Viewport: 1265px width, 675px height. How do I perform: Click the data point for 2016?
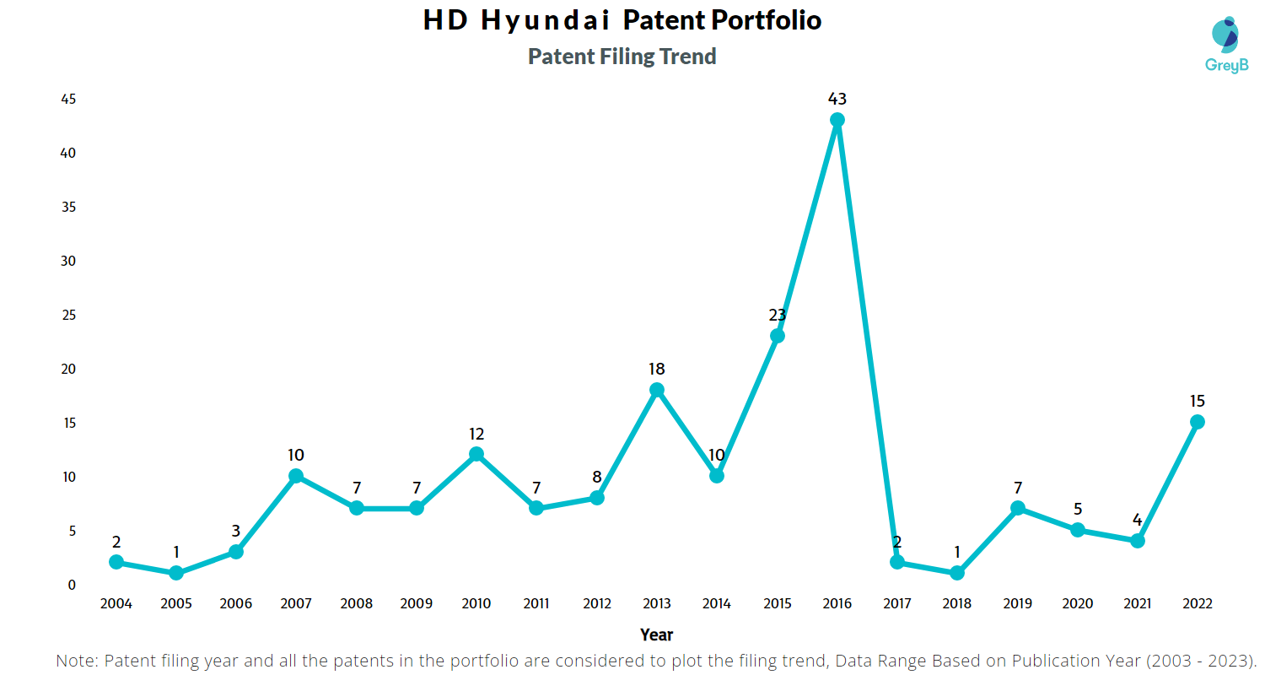(837, 120)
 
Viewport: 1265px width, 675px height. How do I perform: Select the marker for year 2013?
(657, 390)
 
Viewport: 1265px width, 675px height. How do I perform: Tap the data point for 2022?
(1197, 422)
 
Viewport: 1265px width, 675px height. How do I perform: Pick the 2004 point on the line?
(116, 562)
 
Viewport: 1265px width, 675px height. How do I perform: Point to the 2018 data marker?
(957, 573)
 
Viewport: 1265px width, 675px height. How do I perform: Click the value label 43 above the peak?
(837, 100)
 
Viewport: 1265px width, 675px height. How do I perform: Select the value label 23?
(777, 316)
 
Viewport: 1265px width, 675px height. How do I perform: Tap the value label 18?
(657, 370)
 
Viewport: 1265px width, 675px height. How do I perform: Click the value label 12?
(476, 435)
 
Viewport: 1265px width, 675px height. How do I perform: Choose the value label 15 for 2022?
(1197, 402)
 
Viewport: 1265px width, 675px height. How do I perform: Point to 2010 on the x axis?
(476, 604)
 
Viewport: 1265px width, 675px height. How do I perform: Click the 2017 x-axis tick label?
(896, 604)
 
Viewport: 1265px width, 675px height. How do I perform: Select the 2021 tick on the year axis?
(1137, 604)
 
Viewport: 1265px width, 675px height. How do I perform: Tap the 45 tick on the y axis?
(68, 100)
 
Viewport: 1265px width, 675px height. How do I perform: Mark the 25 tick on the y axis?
(68, 316)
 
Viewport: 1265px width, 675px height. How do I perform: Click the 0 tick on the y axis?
(72, 585)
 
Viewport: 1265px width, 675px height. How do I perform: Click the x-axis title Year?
(656, 634)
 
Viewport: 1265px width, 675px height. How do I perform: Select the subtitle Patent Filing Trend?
(622, 57)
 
